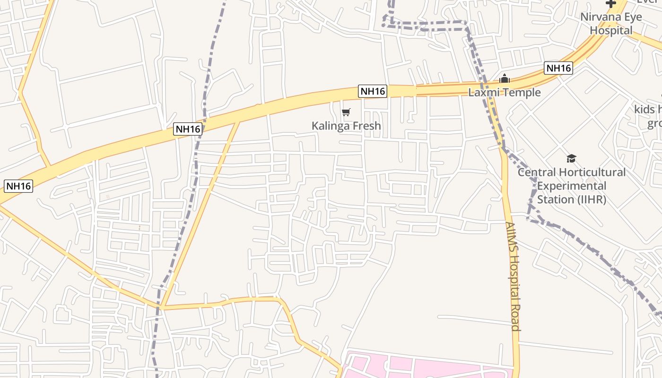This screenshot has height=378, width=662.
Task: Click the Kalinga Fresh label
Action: pos(346,126)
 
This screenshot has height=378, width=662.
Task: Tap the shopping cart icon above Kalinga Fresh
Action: pos(346,112)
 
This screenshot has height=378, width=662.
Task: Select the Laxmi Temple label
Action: pos(504,93)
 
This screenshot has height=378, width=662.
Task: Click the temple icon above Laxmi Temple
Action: pos(505,78)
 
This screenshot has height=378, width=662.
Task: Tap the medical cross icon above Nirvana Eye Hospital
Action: pos(611,4)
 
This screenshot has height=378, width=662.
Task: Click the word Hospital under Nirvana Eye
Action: pos(611,30)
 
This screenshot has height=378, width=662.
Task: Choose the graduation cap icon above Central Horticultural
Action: pos(572,158)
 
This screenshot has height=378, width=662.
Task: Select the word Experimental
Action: pos(572,186)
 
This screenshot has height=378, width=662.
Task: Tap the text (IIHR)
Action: pos(592,199)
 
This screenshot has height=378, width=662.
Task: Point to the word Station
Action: pos(556,199)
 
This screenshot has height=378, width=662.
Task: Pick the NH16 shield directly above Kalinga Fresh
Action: pos(373,91)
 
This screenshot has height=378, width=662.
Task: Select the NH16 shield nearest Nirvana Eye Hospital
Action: pos(558,68)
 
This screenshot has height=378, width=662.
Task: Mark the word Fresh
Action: pos(365,126)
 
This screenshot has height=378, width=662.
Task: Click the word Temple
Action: pos(522,93)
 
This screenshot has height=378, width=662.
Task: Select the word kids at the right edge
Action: pos(645,110)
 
